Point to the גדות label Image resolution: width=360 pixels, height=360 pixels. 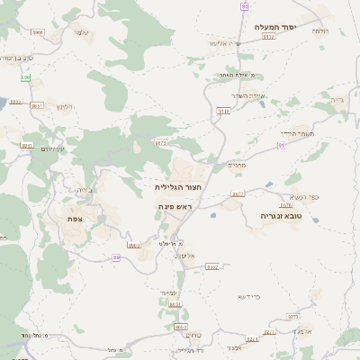coord(337,99)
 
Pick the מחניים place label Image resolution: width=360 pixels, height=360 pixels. coord(237,164)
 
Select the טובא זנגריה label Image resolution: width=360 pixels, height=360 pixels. coord(258,216)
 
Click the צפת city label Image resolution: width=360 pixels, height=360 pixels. coord(76,217)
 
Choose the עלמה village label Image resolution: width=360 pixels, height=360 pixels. coord(80,32)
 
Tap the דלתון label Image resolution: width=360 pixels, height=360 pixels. coord(62,106)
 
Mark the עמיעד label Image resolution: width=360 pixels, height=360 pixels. coord(175,283)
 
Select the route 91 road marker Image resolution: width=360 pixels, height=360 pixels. coord(281,144)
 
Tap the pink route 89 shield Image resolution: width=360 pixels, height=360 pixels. coord(116,258)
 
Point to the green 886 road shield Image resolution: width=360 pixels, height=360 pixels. coord(25,78)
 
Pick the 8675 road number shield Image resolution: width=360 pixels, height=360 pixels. coord(161,141)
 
